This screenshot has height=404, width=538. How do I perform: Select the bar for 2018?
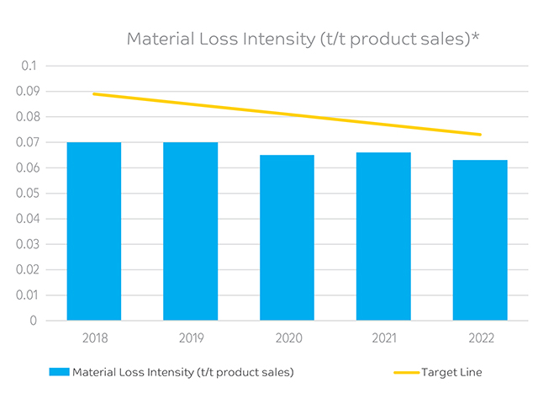tap(94, 231)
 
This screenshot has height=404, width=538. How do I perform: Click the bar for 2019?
tap(191, 231)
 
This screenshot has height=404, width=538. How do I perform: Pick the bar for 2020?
tap(287, 237)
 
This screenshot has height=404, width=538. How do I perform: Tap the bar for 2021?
tap(383, 237)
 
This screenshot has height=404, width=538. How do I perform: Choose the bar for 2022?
tap(480, 240)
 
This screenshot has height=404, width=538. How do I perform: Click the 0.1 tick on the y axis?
tap(29, 66)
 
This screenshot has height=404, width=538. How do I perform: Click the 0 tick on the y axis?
tap(34, 321)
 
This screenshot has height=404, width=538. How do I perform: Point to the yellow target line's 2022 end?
tap(480, 135)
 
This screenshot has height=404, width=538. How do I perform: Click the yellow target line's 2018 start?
tap(94, 93)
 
